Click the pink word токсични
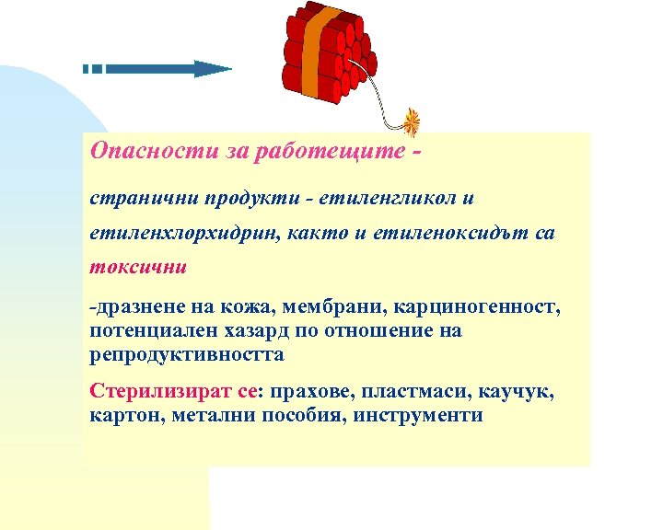click(138, 268)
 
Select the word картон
click(122, 414)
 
